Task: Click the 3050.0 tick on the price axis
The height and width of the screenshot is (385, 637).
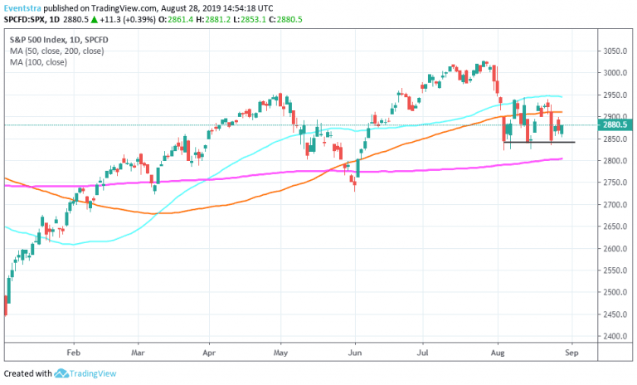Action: tap(615, 51)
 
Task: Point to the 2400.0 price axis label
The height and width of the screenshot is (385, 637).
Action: tap(615, 337)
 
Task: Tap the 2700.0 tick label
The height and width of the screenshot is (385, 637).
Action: tap(615, 205)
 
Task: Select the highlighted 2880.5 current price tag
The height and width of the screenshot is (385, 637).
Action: tap(616, 125)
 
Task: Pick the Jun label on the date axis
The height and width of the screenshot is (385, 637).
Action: tap(356, 352)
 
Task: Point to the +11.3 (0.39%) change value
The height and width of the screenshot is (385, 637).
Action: tap(130, 19)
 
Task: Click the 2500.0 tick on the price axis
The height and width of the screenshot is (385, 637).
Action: tap(615, 293)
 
